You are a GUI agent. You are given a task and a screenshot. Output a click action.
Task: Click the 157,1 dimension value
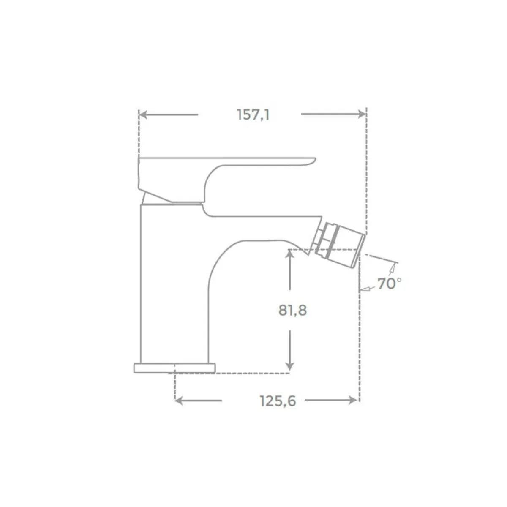tap(253, 114)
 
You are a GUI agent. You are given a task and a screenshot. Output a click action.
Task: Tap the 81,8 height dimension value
tap(292, 311)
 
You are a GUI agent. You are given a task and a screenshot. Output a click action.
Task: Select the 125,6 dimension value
tap(278, 401)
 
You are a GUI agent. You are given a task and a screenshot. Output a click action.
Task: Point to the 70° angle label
tap(389, 283)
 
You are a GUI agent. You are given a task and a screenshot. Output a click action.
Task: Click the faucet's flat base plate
tap(174, 368)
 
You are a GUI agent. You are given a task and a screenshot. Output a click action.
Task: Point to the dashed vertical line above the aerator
tap(366, 169)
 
